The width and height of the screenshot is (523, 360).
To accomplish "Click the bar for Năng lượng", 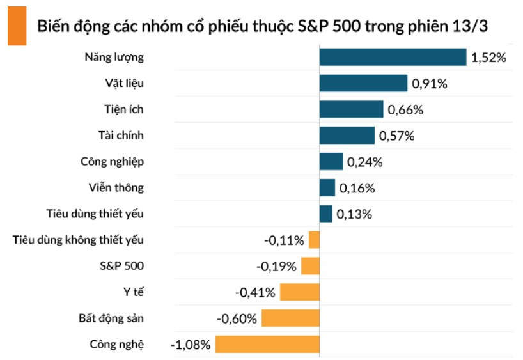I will point(393,57).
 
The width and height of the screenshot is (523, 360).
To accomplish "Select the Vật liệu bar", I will point(363,83).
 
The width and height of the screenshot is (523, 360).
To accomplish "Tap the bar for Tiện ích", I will point(351,109).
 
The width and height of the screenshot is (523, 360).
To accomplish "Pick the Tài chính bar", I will point(347,136).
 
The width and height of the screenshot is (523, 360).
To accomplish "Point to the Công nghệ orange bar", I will point(267,345).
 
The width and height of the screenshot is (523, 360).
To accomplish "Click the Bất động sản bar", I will point(290,318).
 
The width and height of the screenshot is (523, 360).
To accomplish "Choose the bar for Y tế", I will point(299,292).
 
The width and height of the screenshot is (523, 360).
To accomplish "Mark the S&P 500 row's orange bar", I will point(310,266).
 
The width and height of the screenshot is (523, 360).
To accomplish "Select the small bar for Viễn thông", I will point(327,187).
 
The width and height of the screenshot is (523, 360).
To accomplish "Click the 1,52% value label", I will point(488,58).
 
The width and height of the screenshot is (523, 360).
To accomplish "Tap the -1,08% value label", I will point(190,345).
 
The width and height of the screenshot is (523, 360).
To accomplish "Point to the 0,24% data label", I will point(364,162).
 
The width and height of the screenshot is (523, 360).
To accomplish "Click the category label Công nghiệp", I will point(112,161).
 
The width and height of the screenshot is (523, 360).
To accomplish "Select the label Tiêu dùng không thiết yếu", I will point(78,240).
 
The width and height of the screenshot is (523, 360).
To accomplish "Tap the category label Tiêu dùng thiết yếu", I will point(95,214).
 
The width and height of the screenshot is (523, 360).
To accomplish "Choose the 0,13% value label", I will point(355,214).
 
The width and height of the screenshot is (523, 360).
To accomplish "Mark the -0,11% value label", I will point(284,240).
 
